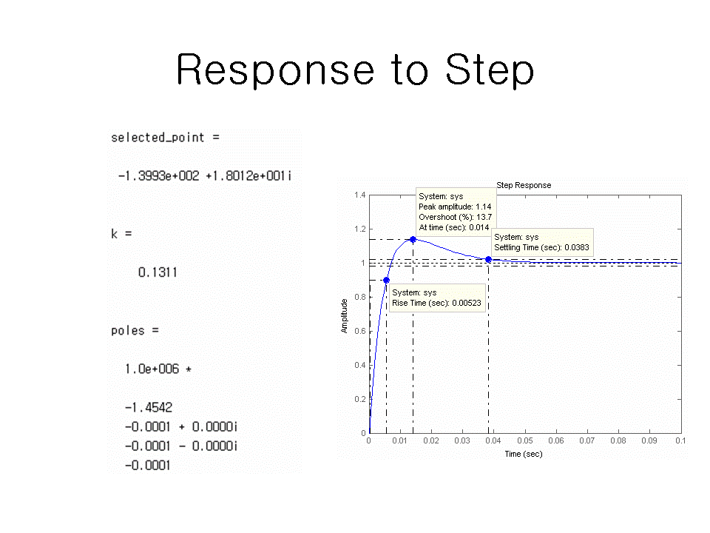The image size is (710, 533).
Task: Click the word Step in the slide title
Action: coord(490,70)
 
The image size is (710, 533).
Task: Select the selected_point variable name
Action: coord(158,138)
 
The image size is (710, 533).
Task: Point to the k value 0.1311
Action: coord(158,272)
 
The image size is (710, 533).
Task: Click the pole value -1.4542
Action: coord(149,407)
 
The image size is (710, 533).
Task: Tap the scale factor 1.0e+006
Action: coord(152,369)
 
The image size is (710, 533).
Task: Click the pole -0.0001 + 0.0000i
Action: coord(180,427)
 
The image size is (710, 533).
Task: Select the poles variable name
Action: coord(128,331)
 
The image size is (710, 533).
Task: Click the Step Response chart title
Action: coord(524,185)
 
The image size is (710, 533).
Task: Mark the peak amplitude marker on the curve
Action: coord(413,239)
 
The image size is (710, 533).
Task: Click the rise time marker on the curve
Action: coord(386,280)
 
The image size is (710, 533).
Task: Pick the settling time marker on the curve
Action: coord(489,259)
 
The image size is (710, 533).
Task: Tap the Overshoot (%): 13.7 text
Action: coord(455,217)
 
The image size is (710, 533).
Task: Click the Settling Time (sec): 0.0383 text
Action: coord(541,247)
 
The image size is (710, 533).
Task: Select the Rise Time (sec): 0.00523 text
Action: coord(436,303)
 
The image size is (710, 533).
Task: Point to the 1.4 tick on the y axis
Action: coord(360,195)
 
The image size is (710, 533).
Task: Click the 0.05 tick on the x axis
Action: coord(525,440)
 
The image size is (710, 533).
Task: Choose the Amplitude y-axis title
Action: coord(344,316)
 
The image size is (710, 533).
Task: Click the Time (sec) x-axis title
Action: coord(524,454)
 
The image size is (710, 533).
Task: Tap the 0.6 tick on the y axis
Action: coord(360,332)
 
